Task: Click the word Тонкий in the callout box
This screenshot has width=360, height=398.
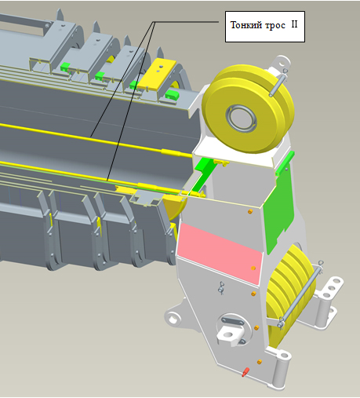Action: point(246,26)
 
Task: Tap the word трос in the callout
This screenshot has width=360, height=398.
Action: point(275,26)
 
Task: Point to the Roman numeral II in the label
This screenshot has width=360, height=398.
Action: point(294,24)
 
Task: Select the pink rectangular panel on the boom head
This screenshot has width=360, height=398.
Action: point(220,253)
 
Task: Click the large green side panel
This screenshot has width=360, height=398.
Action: point(278,206)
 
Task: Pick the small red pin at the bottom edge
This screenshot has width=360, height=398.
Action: point(245,371)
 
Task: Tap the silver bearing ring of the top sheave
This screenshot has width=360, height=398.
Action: point(241,118)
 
